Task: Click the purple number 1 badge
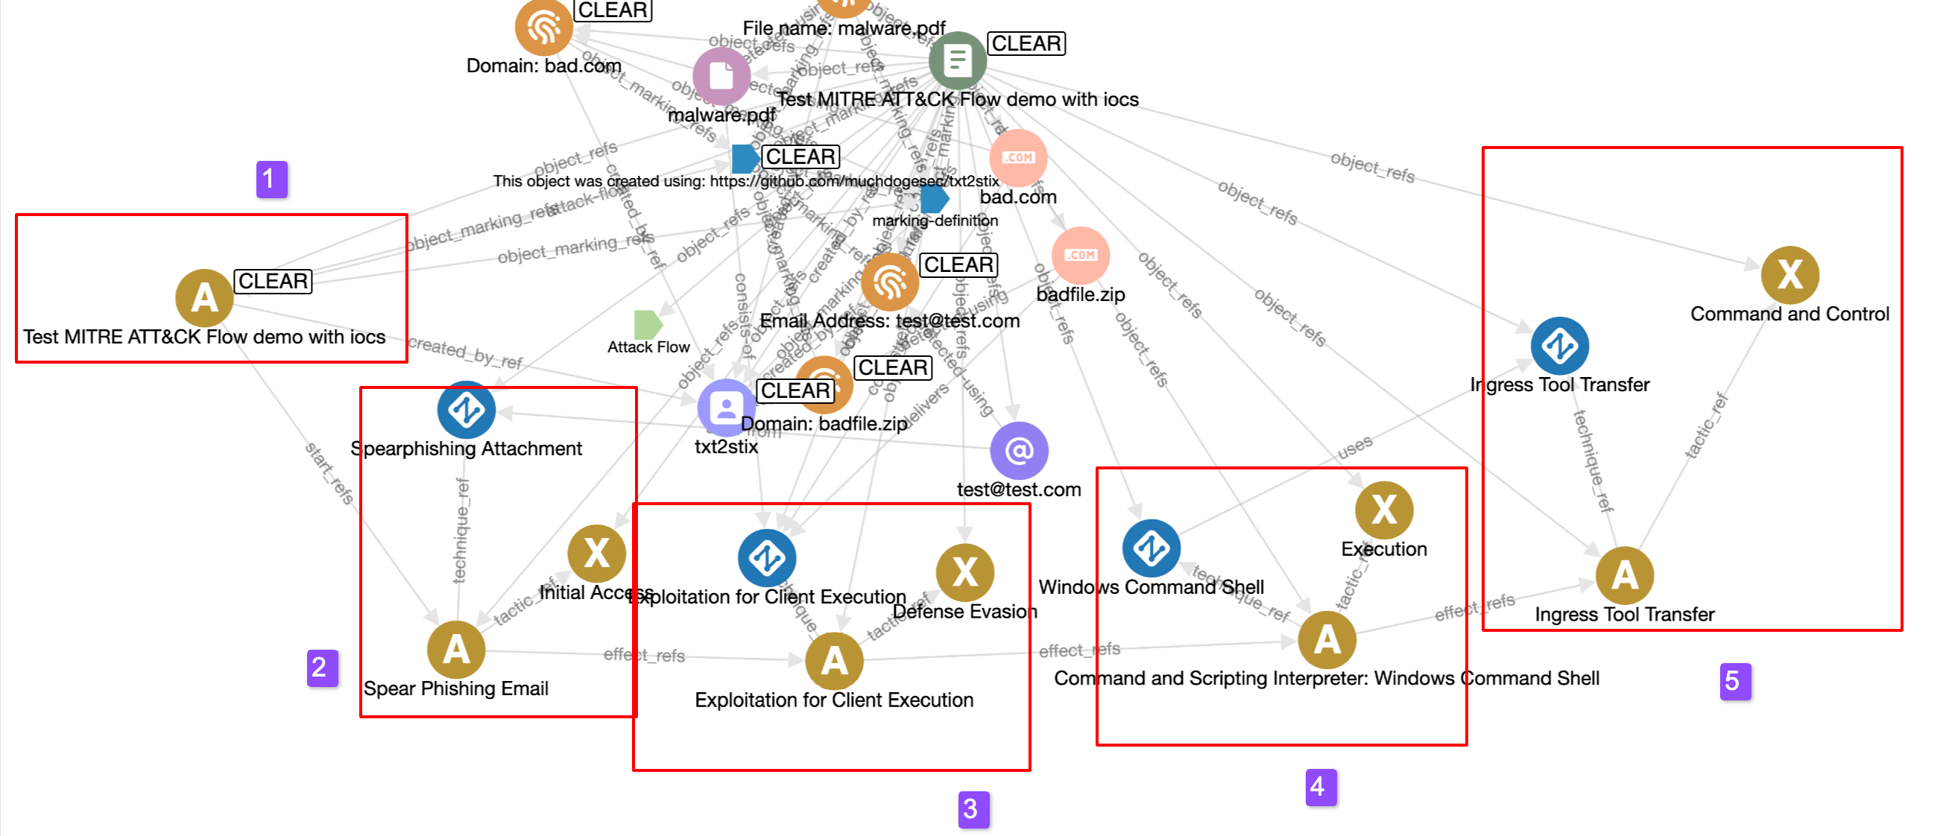pos(271,179)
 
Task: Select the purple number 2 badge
pos(322,668)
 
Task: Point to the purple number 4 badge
pos(1321,787)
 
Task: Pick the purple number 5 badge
pos(1735,681)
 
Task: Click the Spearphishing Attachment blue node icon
pos(466,410)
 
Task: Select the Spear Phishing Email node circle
pos(455,650)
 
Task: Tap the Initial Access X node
pos(597,553)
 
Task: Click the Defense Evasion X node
pos(964,571)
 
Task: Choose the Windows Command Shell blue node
pos(1152,548)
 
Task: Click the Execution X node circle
pos(1384,510)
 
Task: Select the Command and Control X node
pos(1789,274)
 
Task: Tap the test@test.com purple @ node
pos(1019,450)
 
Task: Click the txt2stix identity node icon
pos(726,408)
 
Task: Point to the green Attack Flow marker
pos(648,324)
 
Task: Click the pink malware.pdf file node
pos(721,75)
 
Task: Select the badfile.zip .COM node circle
pos(1080,256)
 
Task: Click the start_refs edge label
pos(329,473)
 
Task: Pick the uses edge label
pos(1354,447)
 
